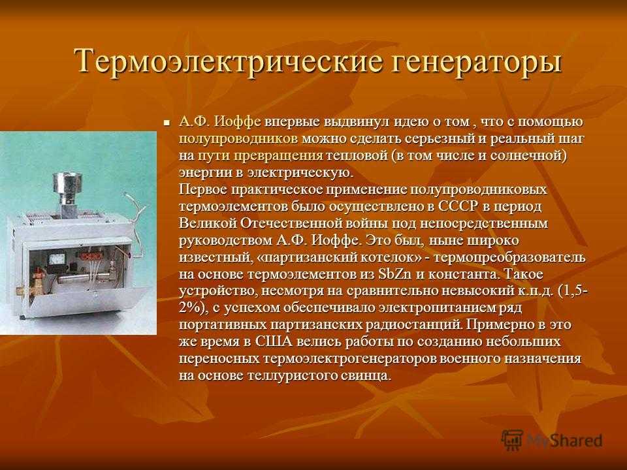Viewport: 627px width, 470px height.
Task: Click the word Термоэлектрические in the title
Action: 229,61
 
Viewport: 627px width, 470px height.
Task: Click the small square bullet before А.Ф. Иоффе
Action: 167,122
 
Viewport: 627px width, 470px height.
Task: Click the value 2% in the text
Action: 190,308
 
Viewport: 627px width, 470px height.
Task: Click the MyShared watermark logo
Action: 552,440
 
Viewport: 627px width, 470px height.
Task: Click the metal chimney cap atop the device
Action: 65,183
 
